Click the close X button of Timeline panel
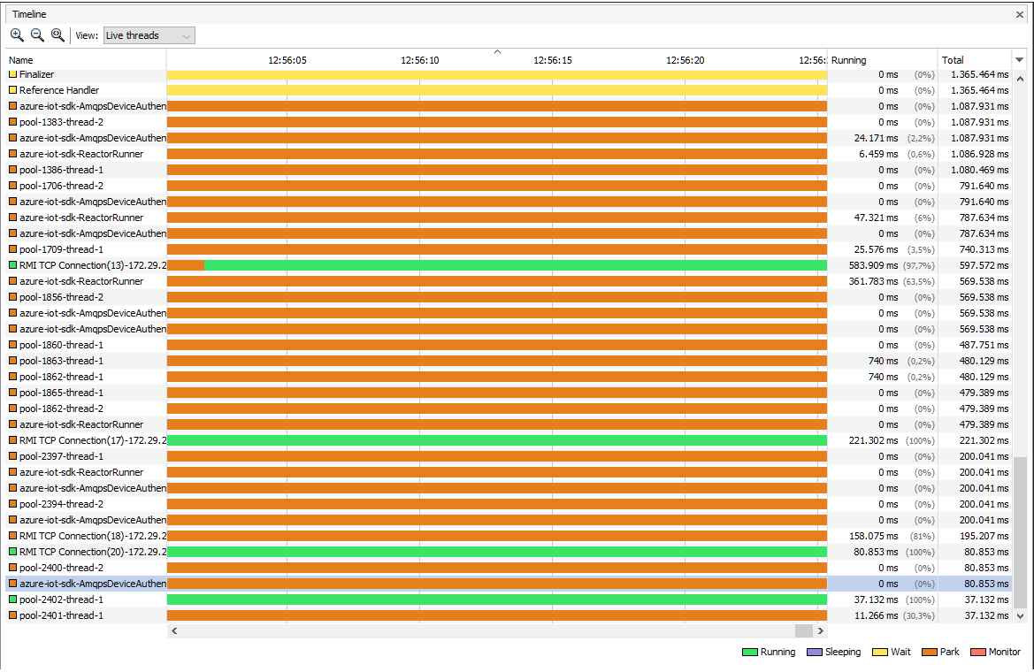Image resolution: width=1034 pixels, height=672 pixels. click(1020, 15)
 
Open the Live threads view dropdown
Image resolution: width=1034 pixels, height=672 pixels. click(149, 35)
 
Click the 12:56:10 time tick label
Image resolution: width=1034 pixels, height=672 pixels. click(420, 60)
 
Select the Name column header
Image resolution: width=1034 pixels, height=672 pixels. click(20, 60)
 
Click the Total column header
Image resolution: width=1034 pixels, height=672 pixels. click(953, 60)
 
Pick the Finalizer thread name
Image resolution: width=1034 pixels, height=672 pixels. click(36, 74)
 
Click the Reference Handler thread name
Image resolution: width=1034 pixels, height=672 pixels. click(58, 90)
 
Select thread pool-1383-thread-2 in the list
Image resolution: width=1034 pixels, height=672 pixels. click(61, 122)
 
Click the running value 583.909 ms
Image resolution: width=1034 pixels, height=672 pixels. click(873, 265)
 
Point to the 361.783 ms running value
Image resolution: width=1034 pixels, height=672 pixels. click(873, 281)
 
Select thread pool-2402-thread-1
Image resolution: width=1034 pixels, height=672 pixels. click(61, 599)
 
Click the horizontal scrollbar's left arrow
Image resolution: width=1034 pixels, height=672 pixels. click(174, 631)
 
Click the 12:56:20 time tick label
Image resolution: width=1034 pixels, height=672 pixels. click(686, 60)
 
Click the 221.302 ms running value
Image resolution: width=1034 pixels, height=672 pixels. click(873, 440)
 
